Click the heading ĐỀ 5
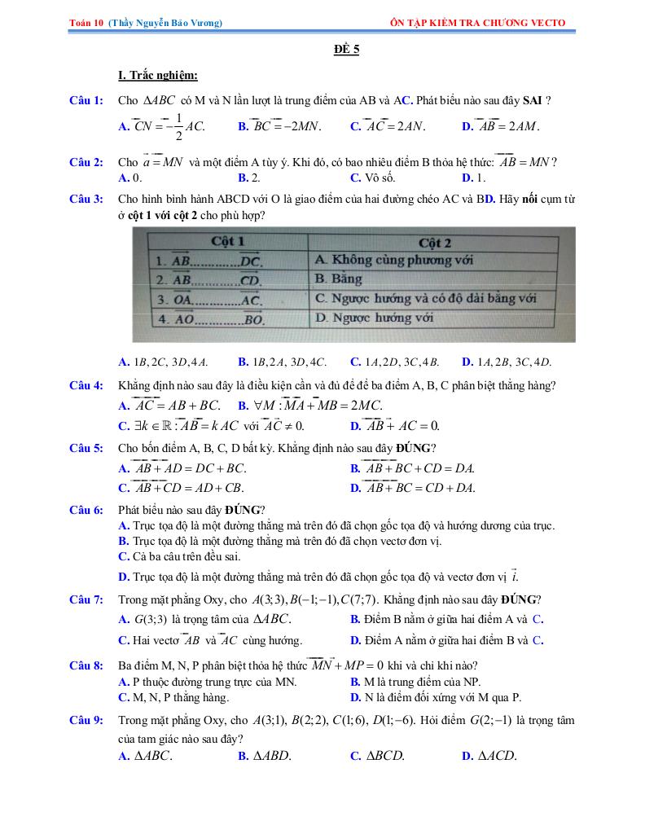coord(346,49)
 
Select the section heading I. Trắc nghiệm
coord(158,76)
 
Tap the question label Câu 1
coord(86,100)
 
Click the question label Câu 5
coord(86,447)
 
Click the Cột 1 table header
coord(227,242)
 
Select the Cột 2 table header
coord(434,243)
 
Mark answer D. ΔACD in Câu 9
coord(489,756)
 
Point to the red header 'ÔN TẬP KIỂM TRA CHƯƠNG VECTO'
coord(478,23)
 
